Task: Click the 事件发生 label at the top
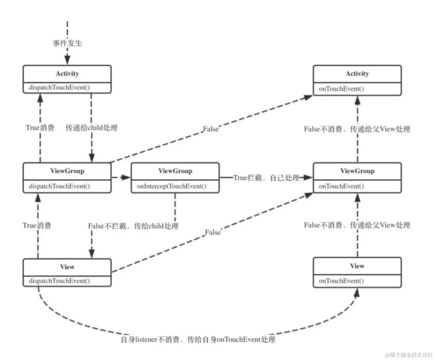(x=67, y=43)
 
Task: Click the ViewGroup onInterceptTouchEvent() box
(x=175, y=178)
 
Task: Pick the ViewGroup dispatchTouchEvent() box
(x=67, y=178)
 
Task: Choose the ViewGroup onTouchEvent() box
(x=357, y=178)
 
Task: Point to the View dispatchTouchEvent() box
(x=67, y=273)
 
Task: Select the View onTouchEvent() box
(x=357, y=272)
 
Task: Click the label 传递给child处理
(x=92, y=128)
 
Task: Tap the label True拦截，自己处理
(x=266, y=178)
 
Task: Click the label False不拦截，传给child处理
(x=133, y=226)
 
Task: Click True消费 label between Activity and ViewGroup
(x=40, y=128)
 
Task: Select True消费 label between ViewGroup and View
(x=37, y=225)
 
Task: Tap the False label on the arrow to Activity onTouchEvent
(x=211, y=129)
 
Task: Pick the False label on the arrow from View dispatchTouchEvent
(x=213, y=232)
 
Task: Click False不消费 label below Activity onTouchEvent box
(x=357, y=129)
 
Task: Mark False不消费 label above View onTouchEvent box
(x=357, y=225)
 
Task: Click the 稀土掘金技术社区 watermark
(x=409, y=355)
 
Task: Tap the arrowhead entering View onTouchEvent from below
(x=357, y=293)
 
